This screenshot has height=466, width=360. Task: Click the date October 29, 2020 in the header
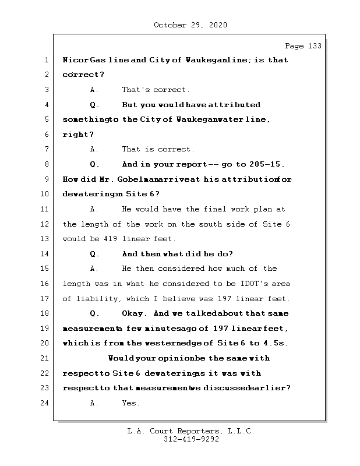190,25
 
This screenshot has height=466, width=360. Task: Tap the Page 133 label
302,46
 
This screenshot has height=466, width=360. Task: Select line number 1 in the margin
46,60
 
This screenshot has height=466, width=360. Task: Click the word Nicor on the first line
75,60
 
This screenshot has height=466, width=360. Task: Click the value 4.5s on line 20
274,343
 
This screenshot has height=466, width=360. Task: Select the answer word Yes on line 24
130,403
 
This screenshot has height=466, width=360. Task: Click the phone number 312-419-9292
191,440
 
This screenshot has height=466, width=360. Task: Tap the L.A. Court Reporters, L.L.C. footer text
190,432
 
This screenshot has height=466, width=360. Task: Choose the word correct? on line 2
83,75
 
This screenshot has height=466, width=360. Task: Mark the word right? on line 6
78,135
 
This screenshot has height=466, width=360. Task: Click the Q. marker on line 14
95,254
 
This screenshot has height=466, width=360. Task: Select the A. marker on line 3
95,90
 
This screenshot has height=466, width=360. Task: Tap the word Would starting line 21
121,358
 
